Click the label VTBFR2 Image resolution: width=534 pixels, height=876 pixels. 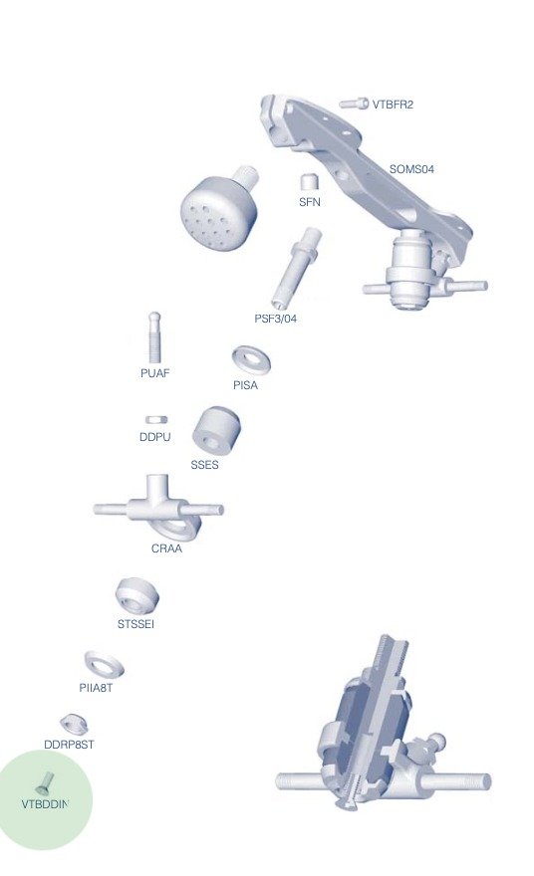[x=393, y=105]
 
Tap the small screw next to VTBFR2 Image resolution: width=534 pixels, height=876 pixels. [x=354, y=104]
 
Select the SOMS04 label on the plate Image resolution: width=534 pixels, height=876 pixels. [x=411, y=168]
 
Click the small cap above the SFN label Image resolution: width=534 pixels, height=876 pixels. [x=309, y=182]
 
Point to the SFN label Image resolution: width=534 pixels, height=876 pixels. [x=310, y=202]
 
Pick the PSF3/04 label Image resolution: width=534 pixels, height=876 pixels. [x=276, y=319]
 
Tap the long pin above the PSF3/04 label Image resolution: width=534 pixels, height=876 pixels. [x=296, y=268]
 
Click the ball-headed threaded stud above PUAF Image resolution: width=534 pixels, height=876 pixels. [x=154, y=336]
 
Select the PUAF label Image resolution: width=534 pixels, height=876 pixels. [x=154, y=372]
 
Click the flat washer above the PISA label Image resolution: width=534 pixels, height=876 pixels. [x=251, y=359]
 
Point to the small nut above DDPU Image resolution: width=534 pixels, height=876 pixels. [x=156, y=419]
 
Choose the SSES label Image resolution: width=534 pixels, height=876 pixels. [x=204, y=464]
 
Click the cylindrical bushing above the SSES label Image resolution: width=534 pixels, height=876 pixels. [x=216, y=431]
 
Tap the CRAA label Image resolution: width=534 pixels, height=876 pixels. [x=166, y=548]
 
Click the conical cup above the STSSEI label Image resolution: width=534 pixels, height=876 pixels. [x=137, y=595]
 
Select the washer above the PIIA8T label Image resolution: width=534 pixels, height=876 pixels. [x=104, y=664]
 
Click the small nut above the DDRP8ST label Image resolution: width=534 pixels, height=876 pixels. [x=74, y=724]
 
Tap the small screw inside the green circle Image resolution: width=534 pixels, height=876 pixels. [x=45, y=783]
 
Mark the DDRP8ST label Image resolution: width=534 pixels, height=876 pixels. [x=69, y=745]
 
